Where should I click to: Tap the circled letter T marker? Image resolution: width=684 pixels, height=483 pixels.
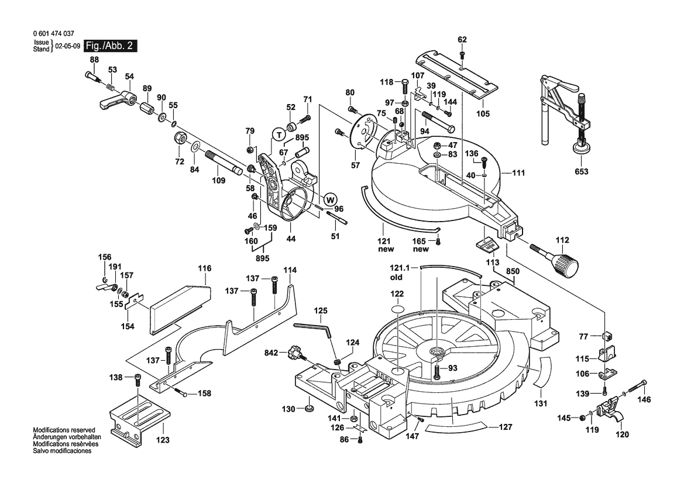tap(277, 133)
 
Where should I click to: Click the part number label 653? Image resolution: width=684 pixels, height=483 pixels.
tap(581, 172)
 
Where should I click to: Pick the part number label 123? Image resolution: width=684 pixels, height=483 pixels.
tap(163, 439)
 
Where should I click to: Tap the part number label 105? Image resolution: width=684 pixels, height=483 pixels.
tap(483, 114)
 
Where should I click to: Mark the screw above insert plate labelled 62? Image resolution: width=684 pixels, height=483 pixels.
tap(462, 55)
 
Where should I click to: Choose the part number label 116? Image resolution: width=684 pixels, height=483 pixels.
tap(204, 268)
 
